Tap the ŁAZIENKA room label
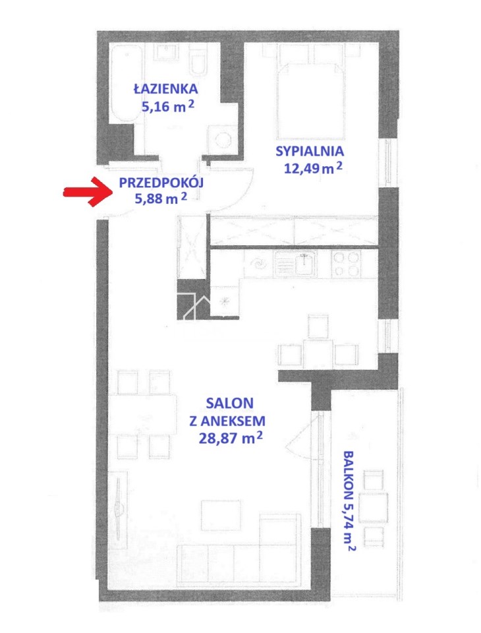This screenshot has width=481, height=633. click(x=165, y=88)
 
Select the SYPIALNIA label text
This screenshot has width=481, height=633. click(x=310, y=151)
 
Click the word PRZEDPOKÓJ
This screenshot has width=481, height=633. click(x=161, y=183)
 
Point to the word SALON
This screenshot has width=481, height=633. click(x=229, y=402)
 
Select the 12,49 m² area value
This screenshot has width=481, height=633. click(x=313, y=167)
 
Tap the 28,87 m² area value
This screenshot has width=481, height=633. click(x=231, y=437)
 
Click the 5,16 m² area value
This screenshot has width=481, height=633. click(x=167, y=106)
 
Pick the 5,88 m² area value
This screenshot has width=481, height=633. click(x=161, y=198)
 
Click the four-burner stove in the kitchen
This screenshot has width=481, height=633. click(x=347, y=264)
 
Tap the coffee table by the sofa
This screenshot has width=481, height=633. click(x=221, y=515)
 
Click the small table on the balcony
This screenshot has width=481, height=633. click(x=373, y=507)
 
